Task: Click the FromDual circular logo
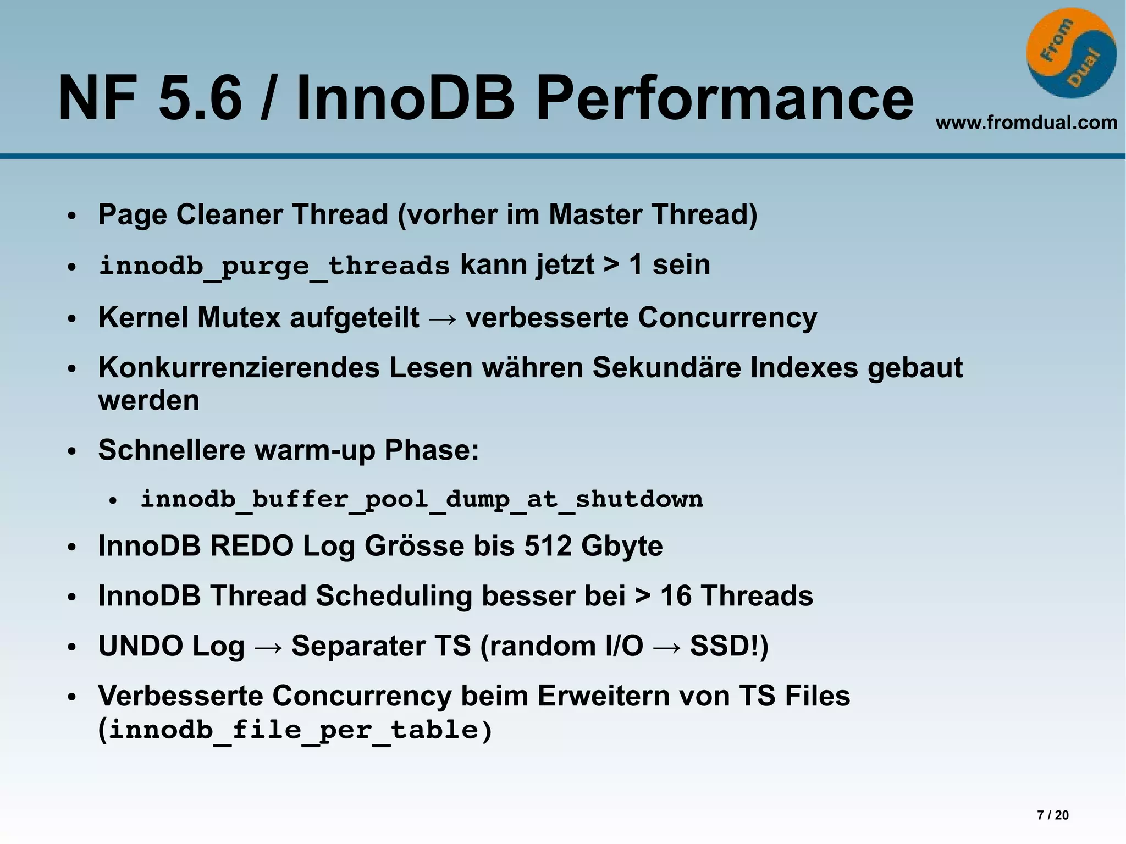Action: pyautogui.click(x=1070, y=53)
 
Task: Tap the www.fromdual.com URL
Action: pyautogui.click(x=1026, y=122)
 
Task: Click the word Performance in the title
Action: pyautogui.click(x=724, y=99)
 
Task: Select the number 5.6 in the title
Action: pyautogui.click(x=200, y=99)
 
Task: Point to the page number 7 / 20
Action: pyautogui.click(x=1052, y=815)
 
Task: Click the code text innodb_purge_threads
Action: pyautogui.click(x=274, y=266)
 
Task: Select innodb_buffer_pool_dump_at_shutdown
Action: pyautogui.click(x=421, y=499)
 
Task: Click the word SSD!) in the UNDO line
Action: pyautogui.click(x=729, y=646)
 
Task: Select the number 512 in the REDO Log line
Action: pyautogui.click(x=548, y=546)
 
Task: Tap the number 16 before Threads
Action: pyautogui.click(x=675, y=596)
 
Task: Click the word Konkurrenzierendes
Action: pyautogui.click(x=239, y=367)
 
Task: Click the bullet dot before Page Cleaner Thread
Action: pyautogui.click(x=71, y=216)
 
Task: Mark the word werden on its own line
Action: pyautogui.click(x=148, y=400)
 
